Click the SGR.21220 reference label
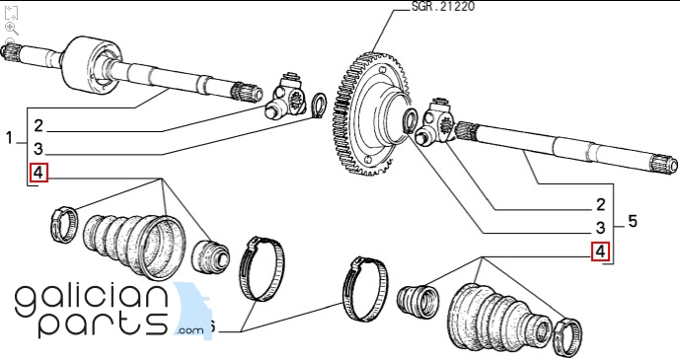click(443, 7)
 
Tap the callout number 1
click(10, 138)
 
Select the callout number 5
click(633, 221)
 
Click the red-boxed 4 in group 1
click(38, 173)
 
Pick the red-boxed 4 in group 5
click(601, 252)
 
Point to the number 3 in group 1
click(38, 149)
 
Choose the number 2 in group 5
click(601, 204)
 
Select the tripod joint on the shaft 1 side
click(285, 97)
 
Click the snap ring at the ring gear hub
click(410, 120)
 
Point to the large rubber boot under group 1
click(134, 245)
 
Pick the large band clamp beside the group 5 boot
click(365, 289)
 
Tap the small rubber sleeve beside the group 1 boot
click(210, 256)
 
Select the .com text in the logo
click(189, 330)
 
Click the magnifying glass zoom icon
click(11, 29)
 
